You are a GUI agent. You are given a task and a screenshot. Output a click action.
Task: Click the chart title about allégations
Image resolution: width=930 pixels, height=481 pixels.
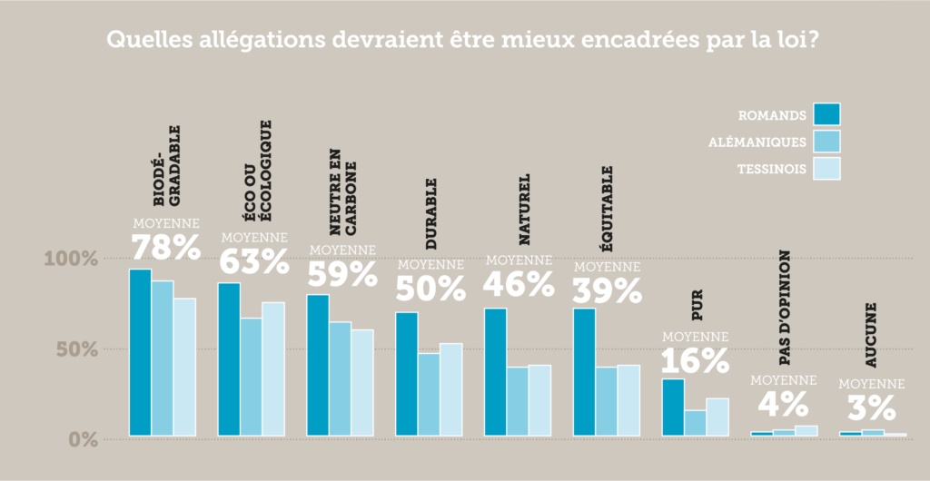[x=464, y=42]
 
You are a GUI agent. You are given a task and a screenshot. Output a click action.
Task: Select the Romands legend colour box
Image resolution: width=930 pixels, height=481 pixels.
[x=826, y=114]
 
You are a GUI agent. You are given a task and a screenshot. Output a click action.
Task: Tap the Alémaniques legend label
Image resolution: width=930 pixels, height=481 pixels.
[x=757, y=142]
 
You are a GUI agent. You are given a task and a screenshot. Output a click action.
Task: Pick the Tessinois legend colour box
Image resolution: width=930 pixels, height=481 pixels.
[x=826, y=169]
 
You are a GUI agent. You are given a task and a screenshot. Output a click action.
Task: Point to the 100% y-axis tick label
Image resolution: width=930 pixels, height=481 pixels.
[x=71, y=260]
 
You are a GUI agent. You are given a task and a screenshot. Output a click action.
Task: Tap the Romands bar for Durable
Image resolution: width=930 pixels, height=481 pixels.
[x=406, y=374]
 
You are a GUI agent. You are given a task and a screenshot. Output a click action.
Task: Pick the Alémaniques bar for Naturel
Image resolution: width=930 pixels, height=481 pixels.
[x=518, y=401]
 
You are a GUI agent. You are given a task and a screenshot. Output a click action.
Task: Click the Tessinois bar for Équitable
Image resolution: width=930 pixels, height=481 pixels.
[x=628, y=400]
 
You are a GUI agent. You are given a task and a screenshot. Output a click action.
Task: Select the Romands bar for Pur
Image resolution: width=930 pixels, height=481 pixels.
[x=672, y=407]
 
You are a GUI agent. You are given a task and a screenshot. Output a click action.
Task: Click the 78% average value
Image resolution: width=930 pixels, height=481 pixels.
[x=166, y=248]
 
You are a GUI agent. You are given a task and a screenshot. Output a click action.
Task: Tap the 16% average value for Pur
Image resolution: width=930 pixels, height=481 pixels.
[x=695, y=361]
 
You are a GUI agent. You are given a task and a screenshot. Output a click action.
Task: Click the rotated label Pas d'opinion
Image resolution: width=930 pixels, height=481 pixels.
[x=784, y=309]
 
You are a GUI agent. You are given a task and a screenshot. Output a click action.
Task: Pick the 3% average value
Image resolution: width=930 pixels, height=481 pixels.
[x=872, y=405]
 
